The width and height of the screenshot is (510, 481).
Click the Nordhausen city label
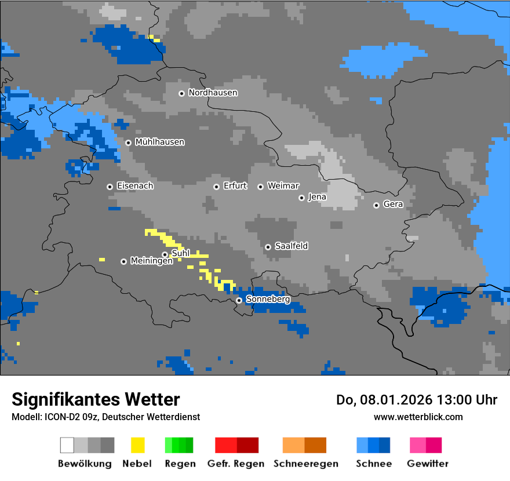(213, 93)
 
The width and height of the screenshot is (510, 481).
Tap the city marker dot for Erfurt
(216, 187)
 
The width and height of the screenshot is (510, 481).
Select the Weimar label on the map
(283, 186)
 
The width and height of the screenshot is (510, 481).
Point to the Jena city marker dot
(301, 198)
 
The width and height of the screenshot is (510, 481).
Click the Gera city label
(393, 205)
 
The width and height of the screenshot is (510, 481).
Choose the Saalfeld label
(291, 246)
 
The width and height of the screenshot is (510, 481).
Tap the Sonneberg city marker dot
(239, 300)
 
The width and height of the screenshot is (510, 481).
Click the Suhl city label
(181, 253)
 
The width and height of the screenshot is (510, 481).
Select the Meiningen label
(151, 261)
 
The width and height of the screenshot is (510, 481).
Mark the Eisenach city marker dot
(110, 187)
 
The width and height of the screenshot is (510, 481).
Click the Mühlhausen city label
(159, 142)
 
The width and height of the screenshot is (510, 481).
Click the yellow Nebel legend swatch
(137, 445)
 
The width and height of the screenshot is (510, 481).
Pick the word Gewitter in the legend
(427, 464)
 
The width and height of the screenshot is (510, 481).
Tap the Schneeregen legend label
(305, 464)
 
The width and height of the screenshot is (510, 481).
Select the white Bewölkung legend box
(67, 445)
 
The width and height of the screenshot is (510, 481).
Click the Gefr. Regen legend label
(235, 464)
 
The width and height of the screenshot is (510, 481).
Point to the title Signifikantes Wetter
(96, 399)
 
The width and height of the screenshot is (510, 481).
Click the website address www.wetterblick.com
(418, 417)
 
